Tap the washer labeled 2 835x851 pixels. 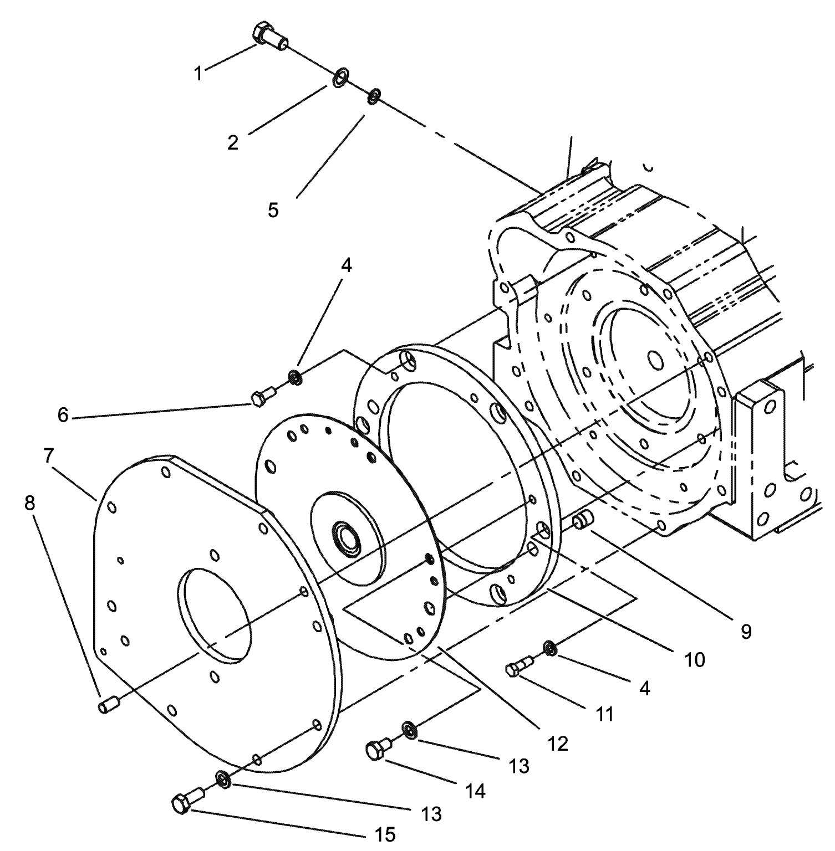(340, 78)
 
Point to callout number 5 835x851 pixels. (273, 210)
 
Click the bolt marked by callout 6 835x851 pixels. (262, 397)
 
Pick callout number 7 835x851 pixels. (48, 456)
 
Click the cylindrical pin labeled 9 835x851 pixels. (583, 521)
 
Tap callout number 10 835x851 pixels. (695, 659)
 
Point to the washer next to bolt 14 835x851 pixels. (409, 730)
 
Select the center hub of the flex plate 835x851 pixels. (345, 537)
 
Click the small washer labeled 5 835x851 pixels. (374, 96)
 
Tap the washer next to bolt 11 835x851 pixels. (549, 648)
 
